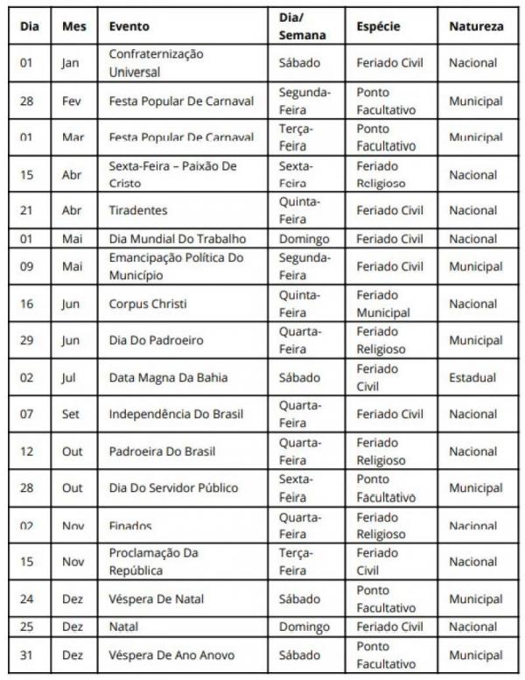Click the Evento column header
click(x=129, y=26)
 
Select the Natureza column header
click(x=476, y=26)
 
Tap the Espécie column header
click(x=378, y=26)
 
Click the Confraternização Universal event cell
click(x=156, y=63)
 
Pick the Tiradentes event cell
click(x=138, y=210)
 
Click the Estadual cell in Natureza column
click(x=472, y=377)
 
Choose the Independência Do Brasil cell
click(x=176, y=414)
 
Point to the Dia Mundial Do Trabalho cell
click(x=178, y=239)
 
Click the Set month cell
click(x=73, y=414)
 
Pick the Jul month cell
click(x=72, y=377)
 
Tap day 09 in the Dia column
click(x=27, y=266)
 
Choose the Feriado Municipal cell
click(x=383, y=304)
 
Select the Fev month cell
click(x=73, y=101)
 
